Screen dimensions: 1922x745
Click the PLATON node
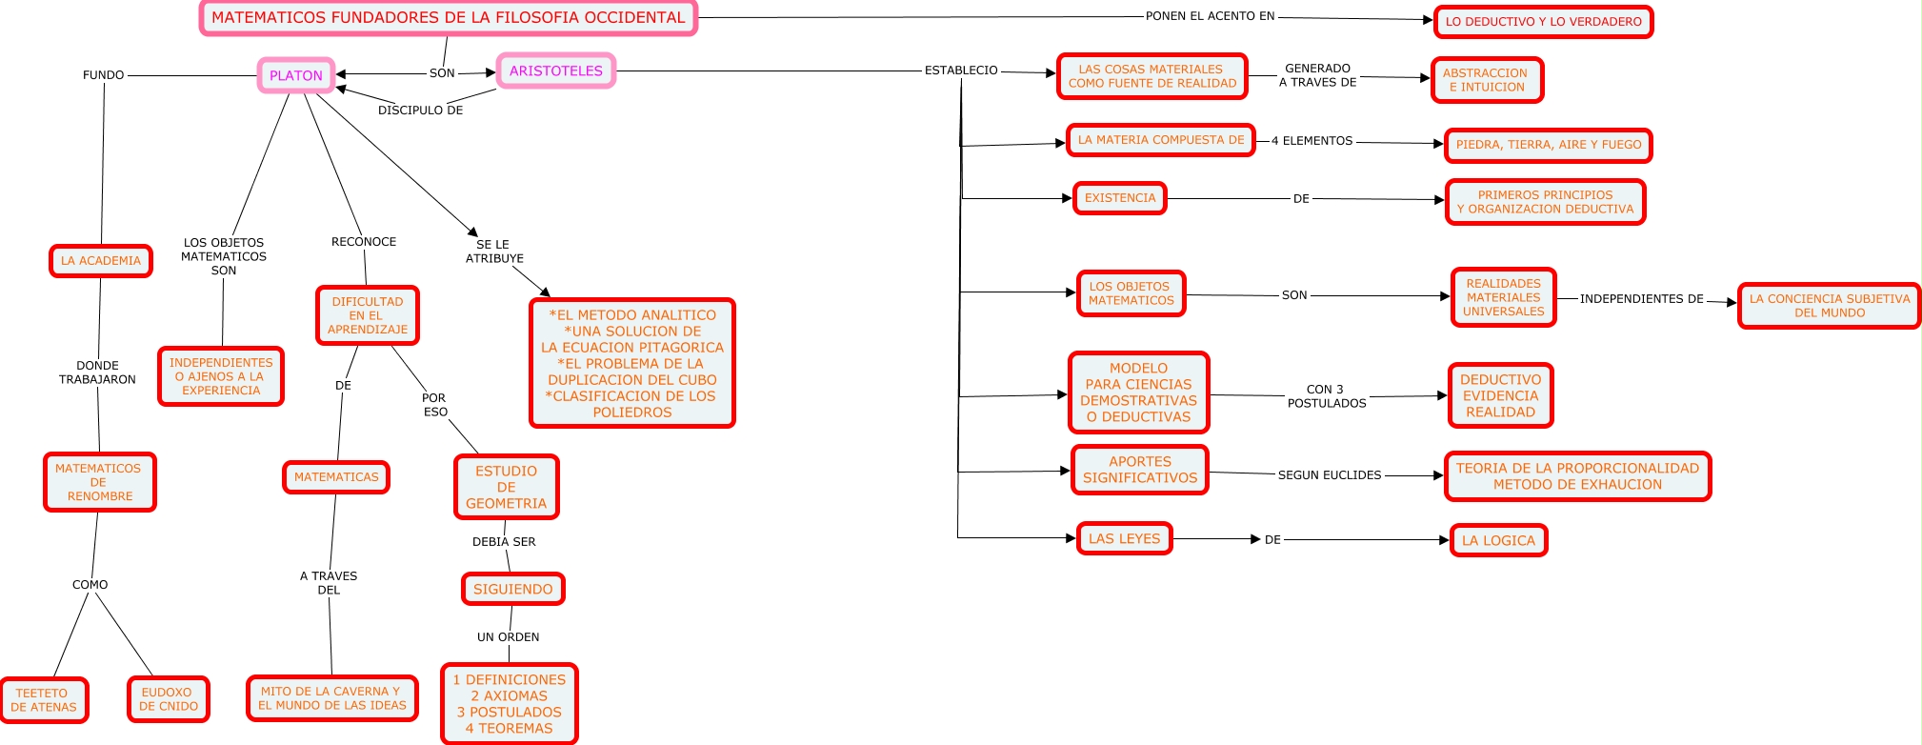pyautogui.click(x=296, y=75)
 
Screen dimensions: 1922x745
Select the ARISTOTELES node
pyautogui.click(x=556, y=70)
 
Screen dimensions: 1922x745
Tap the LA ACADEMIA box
pyautogui.click(x=101, y=261)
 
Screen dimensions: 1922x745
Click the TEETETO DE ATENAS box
pyautogui.click(x=44, y=700)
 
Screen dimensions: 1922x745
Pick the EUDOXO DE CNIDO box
pyautogui.click(x=169, y=700)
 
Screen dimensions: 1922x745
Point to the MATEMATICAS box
pyautogui.click(x=336, y=477)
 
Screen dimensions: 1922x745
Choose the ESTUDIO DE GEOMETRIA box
pyautogui.click(x=507, y=487)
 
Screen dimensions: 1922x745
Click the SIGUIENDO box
pyautogui.click(x=513, y=589)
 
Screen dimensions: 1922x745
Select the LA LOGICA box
pyautogui.click(x=1499, y=540)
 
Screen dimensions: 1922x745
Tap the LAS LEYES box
pyautogui.click(x=1125, y=538)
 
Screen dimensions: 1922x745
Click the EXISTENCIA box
pyautogui.click(x=1120, y=198)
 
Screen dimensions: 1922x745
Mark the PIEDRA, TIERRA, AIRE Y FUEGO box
pyautogui.click(x=1549, y=145)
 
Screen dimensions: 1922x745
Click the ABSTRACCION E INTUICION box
pyautogui.click(x=1487, y=80)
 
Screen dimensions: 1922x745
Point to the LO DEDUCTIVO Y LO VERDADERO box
pyautogui.click(x=1544, y=21)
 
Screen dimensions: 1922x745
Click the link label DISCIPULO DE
pyautogui.click(x=421, y=111)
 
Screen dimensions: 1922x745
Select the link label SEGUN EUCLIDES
pyautogui.click(x=1330, y=475)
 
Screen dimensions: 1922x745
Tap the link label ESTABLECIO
pyautogui.click(x=962, y=70)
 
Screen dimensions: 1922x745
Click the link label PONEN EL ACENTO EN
pyautogui.click(x=1211, y=16)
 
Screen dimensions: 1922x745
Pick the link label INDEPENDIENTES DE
pyautogui.click(x=1642, y=299)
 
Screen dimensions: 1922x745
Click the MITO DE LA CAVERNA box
pyautogui.click(x=332, y=698)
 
